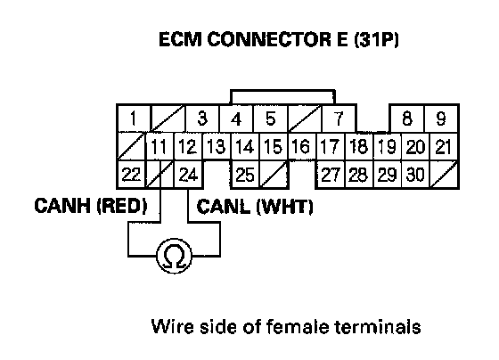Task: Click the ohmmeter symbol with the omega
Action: (174, 256)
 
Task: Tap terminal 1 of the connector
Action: (133, 119)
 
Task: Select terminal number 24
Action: (188, 175)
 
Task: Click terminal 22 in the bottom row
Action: (132, 175)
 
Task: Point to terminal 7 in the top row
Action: (339, 119)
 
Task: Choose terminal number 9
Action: (441, 119)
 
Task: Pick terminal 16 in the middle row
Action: (302, 147)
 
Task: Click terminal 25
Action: (245, 175)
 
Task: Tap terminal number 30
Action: (415, 175)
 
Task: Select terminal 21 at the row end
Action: (444, 147)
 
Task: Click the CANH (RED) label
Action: (91, 205)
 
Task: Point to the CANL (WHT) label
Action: (255, 206)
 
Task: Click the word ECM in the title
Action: (180, 39)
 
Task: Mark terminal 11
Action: (160, 147)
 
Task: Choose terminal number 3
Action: (202, 119)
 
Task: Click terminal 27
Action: (331, 175)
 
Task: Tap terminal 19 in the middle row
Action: (388, 147)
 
